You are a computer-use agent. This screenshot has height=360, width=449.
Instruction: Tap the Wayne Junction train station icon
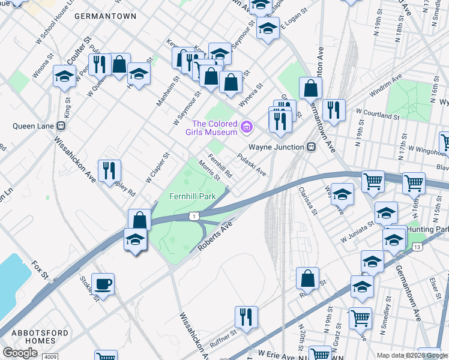(311, 147)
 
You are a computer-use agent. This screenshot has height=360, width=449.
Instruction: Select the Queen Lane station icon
(60, 126)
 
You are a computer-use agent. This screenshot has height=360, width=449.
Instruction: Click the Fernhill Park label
(192, 196)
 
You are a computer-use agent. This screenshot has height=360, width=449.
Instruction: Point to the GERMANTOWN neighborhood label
(105, 17)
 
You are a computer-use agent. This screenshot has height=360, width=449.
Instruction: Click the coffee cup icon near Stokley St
(103, 284)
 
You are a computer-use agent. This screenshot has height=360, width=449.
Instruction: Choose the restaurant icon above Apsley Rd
(109, 170)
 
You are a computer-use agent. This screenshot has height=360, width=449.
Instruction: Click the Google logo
(20, 352)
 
